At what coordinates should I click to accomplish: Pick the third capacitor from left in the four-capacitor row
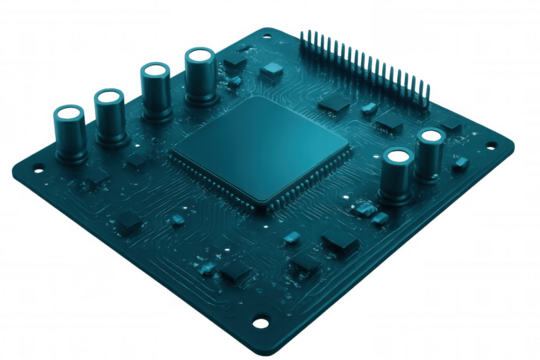157,92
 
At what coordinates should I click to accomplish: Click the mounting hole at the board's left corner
37,169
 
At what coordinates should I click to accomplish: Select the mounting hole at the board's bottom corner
261,321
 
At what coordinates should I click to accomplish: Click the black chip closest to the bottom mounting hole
237,272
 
